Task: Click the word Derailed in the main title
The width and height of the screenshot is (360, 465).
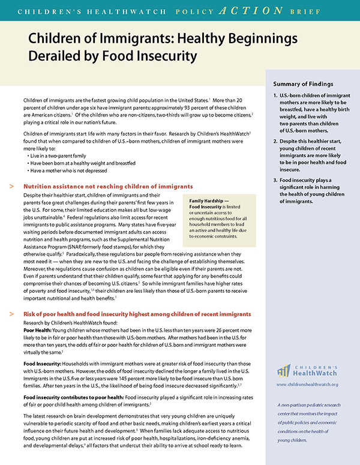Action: coord(58,58)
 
